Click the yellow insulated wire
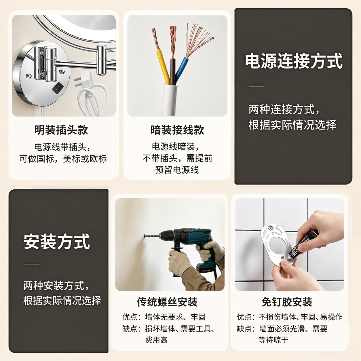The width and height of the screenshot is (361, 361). click(163, 66)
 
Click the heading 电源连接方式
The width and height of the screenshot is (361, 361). click(294, 61)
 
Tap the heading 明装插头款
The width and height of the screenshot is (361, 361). click(61, 130)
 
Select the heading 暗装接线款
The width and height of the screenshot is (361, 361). click(177, 130)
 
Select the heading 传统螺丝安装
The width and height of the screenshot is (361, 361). click(167, 302)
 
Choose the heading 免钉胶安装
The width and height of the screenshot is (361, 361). click(287, 302)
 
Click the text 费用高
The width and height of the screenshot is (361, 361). click(156, 340)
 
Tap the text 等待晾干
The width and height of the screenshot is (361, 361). click(273, 340)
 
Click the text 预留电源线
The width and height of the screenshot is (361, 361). click(177, 170)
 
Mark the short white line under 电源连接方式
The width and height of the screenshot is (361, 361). click(257, 86)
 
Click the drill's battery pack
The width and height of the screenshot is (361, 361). click(206, 269)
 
